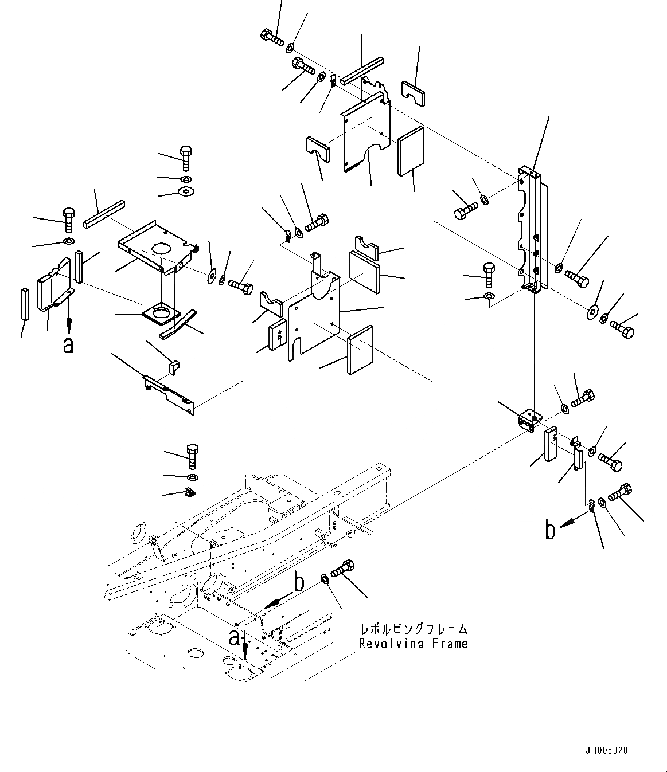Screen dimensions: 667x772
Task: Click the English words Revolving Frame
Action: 413,644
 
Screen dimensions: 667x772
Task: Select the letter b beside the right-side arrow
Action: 550,531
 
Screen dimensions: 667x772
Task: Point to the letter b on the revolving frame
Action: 298,583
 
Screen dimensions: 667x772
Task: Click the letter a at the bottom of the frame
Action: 234,637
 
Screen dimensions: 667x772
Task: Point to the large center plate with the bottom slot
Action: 313,321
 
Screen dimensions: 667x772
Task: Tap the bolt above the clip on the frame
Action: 193,455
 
